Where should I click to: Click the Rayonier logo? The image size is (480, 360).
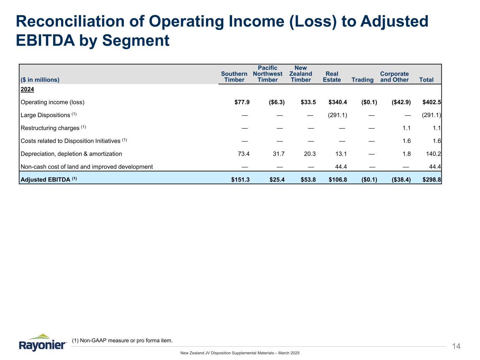pyautogui.click(x=43, y=342)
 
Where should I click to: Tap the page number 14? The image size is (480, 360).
pyautogui.click(x=456, y=347)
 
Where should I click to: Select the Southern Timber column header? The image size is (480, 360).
pyautogui.click(x=234, y=77)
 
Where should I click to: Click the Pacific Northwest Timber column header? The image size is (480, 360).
pyautogui.click(x=268, y=74)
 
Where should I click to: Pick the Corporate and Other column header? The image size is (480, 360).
pyautogui.click(x=395, y=77)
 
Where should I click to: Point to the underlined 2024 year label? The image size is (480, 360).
pyautogui.click(x=27, y=89)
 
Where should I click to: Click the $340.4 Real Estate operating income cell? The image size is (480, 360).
pyautogui.click(x=338, y=102)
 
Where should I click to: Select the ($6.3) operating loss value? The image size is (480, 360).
pyautogui.click(x=276, y=102)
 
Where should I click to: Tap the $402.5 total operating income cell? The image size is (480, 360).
pyautogui.click(x=432, y=102)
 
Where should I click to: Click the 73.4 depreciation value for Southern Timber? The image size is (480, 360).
pyautogui.click(x=244, y=154)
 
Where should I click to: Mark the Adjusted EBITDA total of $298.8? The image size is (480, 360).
pyautogui.click(x=432, y=180)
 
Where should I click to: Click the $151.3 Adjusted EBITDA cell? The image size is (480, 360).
pyautogui.click(x=240, y=180)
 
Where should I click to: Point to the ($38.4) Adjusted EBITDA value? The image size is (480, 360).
pyautogui.click(x=401, y=180)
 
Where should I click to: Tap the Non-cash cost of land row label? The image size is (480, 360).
pyautogui.click(x=87, y=167)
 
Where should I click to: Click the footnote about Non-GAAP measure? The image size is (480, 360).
pyautogui.click(x=122, y=340)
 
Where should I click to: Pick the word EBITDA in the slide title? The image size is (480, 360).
pyautogui.click(x=43, y=40)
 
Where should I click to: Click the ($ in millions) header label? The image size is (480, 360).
pyautogui.click(x=40, y=80)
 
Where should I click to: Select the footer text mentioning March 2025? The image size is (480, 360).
pyautogui.click(x=240, y=353)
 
